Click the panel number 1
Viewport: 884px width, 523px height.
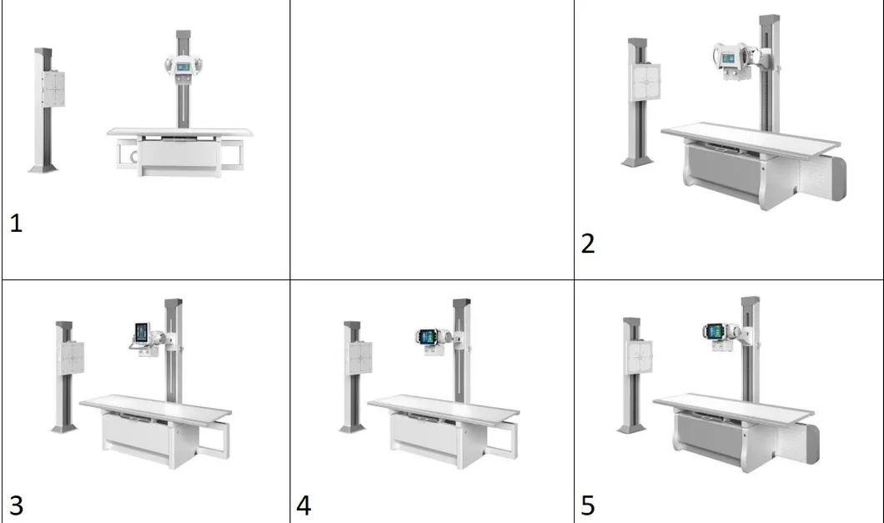click(16, 224)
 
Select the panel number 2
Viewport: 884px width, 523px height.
click(587, 244)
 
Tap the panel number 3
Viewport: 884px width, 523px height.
click(17, 505)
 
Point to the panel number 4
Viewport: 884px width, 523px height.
click(304, 505)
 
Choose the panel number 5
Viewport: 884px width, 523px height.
click(587, 505)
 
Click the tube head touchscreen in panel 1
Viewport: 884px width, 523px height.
click(183, 67)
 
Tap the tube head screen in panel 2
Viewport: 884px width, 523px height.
click(727, 57)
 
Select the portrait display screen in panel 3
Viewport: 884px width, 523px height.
click(142, 333)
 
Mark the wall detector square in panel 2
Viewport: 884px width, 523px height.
click(645, 82)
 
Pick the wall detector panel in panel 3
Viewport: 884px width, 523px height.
click(73, 358)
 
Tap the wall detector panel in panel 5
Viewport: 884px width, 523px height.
click(640, 357)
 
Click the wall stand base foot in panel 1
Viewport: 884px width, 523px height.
click(43, 168)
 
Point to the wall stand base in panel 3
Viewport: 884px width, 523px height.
click(64, 429)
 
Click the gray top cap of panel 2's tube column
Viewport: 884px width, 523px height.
click(769, 20)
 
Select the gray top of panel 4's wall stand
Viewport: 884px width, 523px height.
click(353, 327)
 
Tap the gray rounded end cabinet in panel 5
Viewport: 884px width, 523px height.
click(811, 444)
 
